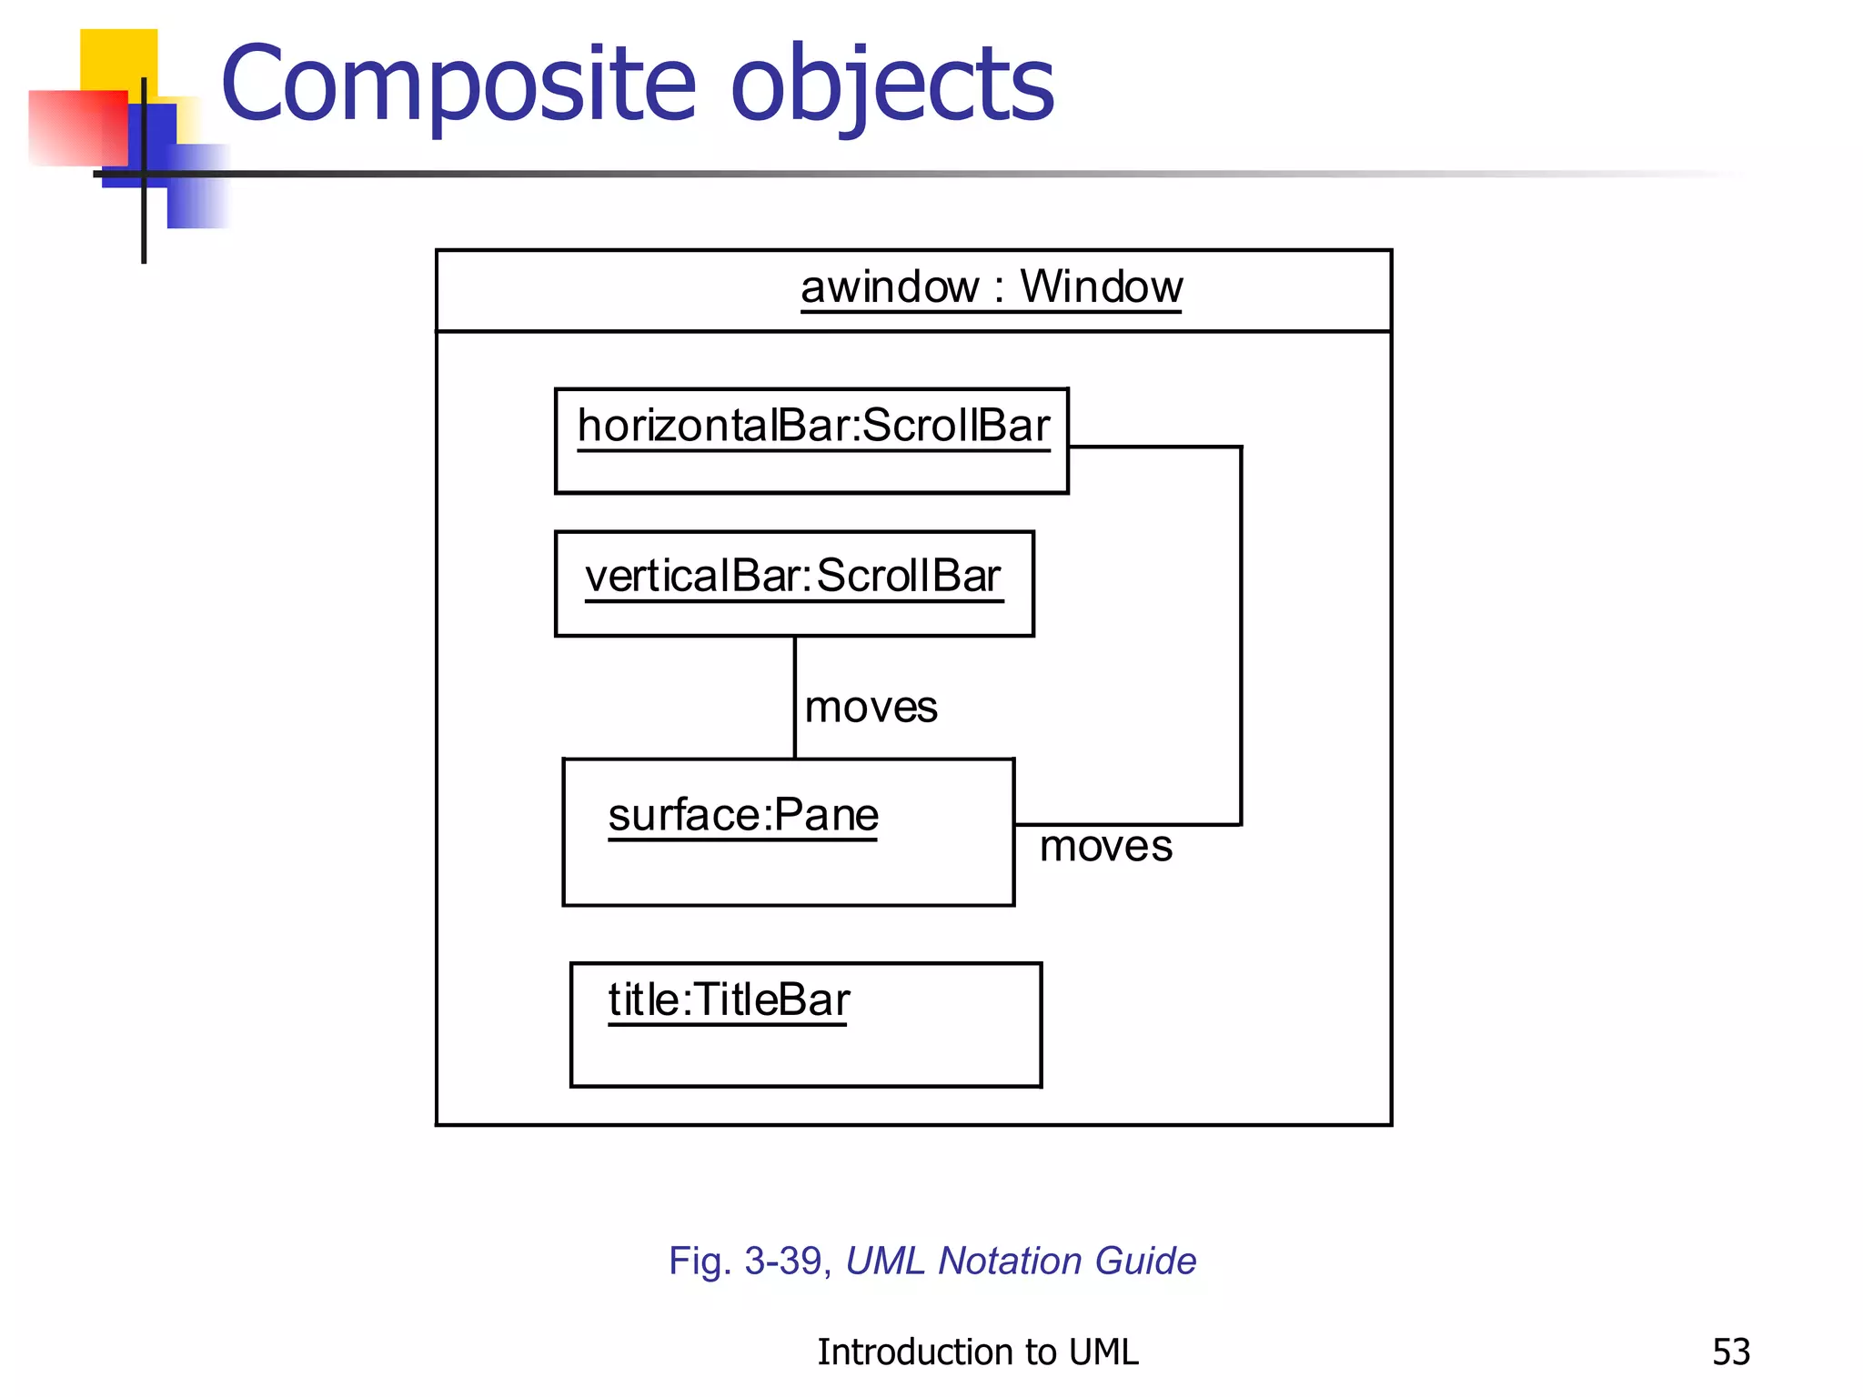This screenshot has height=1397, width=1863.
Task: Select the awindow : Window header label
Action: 991,287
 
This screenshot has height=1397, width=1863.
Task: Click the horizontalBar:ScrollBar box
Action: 811,441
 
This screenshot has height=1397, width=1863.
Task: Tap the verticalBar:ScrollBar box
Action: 793,583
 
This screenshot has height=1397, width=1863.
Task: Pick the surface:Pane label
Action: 742,815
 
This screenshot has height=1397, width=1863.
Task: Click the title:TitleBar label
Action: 728,1000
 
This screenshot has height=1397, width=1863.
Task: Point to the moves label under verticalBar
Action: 871,708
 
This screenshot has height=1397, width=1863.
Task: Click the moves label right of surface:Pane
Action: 1105,847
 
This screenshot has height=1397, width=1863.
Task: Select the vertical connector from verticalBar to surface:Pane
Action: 795,697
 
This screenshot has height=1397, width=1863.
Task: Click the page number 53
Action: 1730,1352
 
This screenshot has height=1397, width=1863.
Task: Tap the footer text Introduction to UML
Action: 977,1352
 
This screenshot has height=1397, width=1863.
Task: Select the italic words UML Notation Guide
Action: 1021,1261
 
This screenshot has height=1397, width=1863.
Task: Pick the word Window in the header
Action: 1101,287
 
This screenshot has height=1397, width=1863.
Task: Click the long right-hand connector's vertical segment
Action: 1241,637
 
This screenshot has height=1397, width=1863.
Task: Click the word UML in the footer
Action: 1103,1352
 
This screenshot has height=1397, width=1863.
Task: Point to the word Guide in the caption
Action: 1145,1261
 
